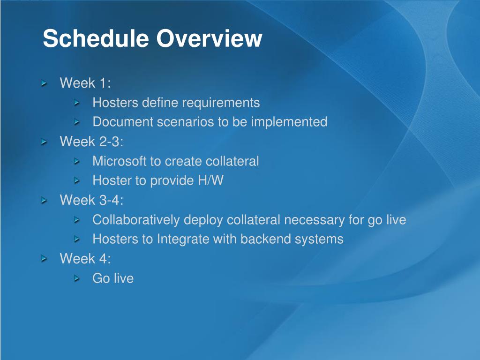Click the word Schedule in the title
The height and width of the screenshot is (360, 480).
96,38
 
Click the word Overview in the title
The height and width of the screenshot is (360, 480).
210,38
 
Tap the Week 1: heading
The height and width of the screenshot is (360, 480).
85,83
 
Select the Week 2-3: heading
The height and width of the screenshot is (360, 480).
91,142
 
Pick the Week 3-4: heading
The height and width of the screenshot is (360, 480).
91,200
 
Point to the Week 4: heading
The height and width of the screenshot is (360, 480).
85,259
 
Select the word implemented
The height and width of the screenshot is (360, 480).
289,122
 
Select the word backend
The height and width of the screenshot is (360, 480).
266,239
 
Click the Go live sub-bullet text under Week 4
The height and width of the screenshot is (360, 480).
113,278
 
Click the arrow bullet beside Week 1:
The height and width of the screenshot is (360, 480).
45,83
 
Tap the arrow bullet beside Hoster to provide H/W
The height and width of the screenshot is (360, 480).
77,180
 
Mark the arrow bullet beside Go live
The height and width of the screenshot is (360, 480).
77,278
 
